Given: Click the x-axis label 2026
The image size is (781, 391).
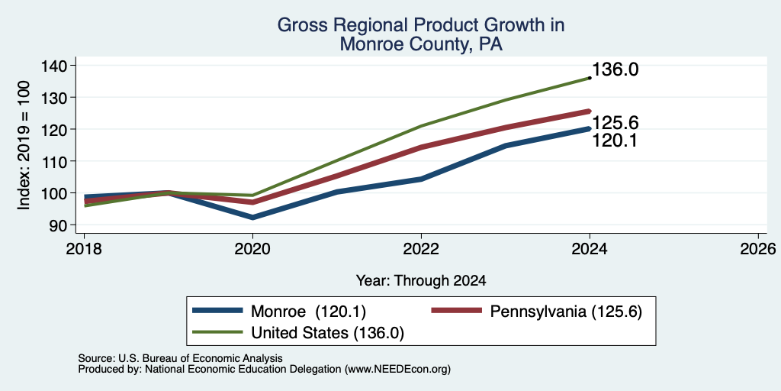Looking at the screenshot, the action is [x=758, y=249].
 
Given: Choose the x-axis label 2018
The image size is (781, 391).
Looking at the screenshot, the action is [x=84, y=249].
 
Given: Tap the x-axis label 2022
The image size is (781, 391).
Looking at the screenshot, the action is [x=421, y=249].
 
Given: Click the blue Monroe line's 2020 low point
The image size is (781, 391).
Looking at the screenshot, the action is [x=253, y=218].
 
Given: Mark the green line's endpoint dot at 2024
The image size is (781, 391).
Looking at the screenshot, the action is [x=590, y=78].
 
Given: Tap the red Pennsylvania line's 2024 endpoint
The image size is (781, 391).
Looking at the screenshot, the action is [x=590, y=111].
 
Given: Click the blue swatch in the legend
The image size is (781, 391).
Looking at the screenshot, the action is [x=217, y=312].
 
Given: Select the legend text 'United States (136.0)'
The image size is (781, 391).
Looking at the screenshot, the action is [x=327, y=333].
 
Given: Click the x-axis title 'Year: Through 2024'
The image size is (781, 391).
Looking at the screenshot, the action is [x=421, y=281].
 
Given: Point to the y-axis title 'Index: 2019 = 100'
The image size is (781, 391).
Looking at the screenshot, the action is [x=24, y=145].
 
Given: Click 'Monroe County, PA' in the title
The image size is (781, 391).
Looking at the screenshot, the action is [x=421, y=45].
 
